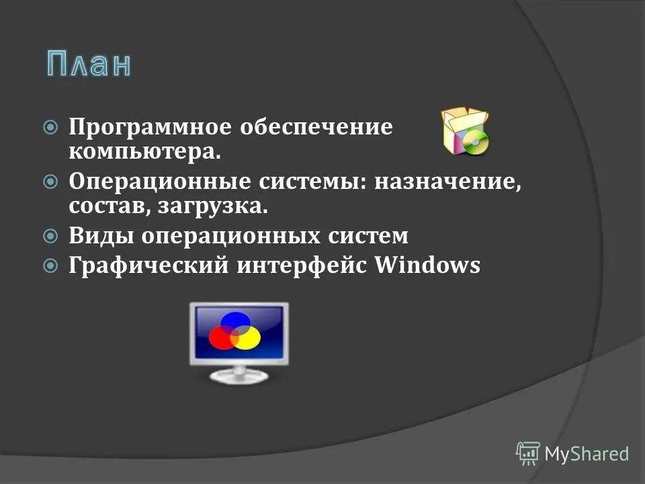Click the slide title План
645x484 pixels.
(x=89, y=64)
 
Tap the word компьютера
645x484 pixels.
(x=144, y=152)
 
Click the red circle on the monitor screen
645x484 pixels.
(x=222, y=337)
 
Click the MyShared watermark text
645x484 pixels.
(x=586, y=454)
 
